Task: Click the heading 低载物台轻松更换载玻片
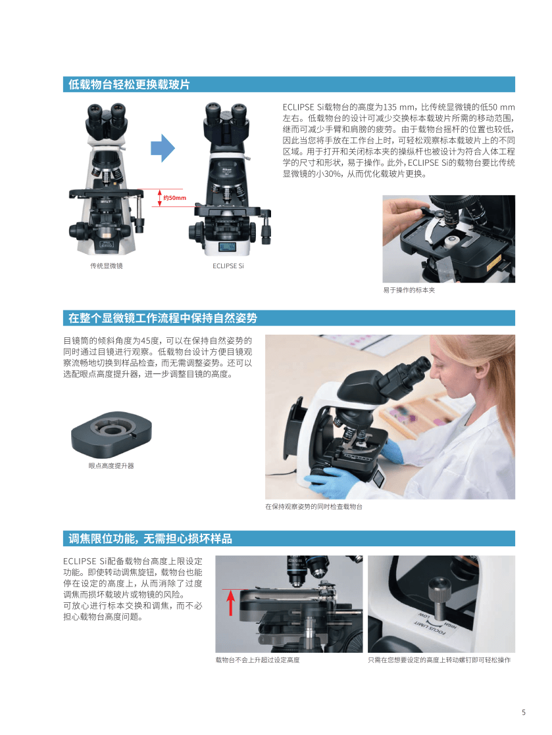point(129,84)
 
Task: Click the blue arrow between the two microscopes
point(163,148)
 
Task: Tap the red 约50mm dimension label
point(174,198)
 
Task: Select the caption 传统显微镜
point(107,266)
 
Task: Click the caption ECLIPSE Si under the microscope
point(228,266)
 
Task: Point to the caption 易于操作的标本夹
point(409,290)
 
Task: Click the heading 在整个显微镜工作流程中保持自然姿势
point(163,318)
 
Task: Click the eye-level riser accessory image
point(112,435)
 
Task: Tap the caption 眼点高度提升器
point(111,465)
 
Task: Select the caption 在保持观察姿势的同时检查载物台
point(314,506)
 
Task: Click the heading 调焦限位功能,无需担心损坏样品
point(150,538)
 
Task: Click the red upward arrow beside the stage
point(230,603)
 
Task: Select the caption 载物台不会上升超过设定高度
point(257,660)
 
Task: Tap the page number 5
point(524,713)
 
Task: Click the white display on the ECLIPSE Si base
point(228,247)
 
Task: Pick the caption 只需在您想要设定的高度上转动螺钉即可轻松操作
point(439,660)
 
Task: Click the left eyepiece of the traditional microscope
point(95,112)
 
